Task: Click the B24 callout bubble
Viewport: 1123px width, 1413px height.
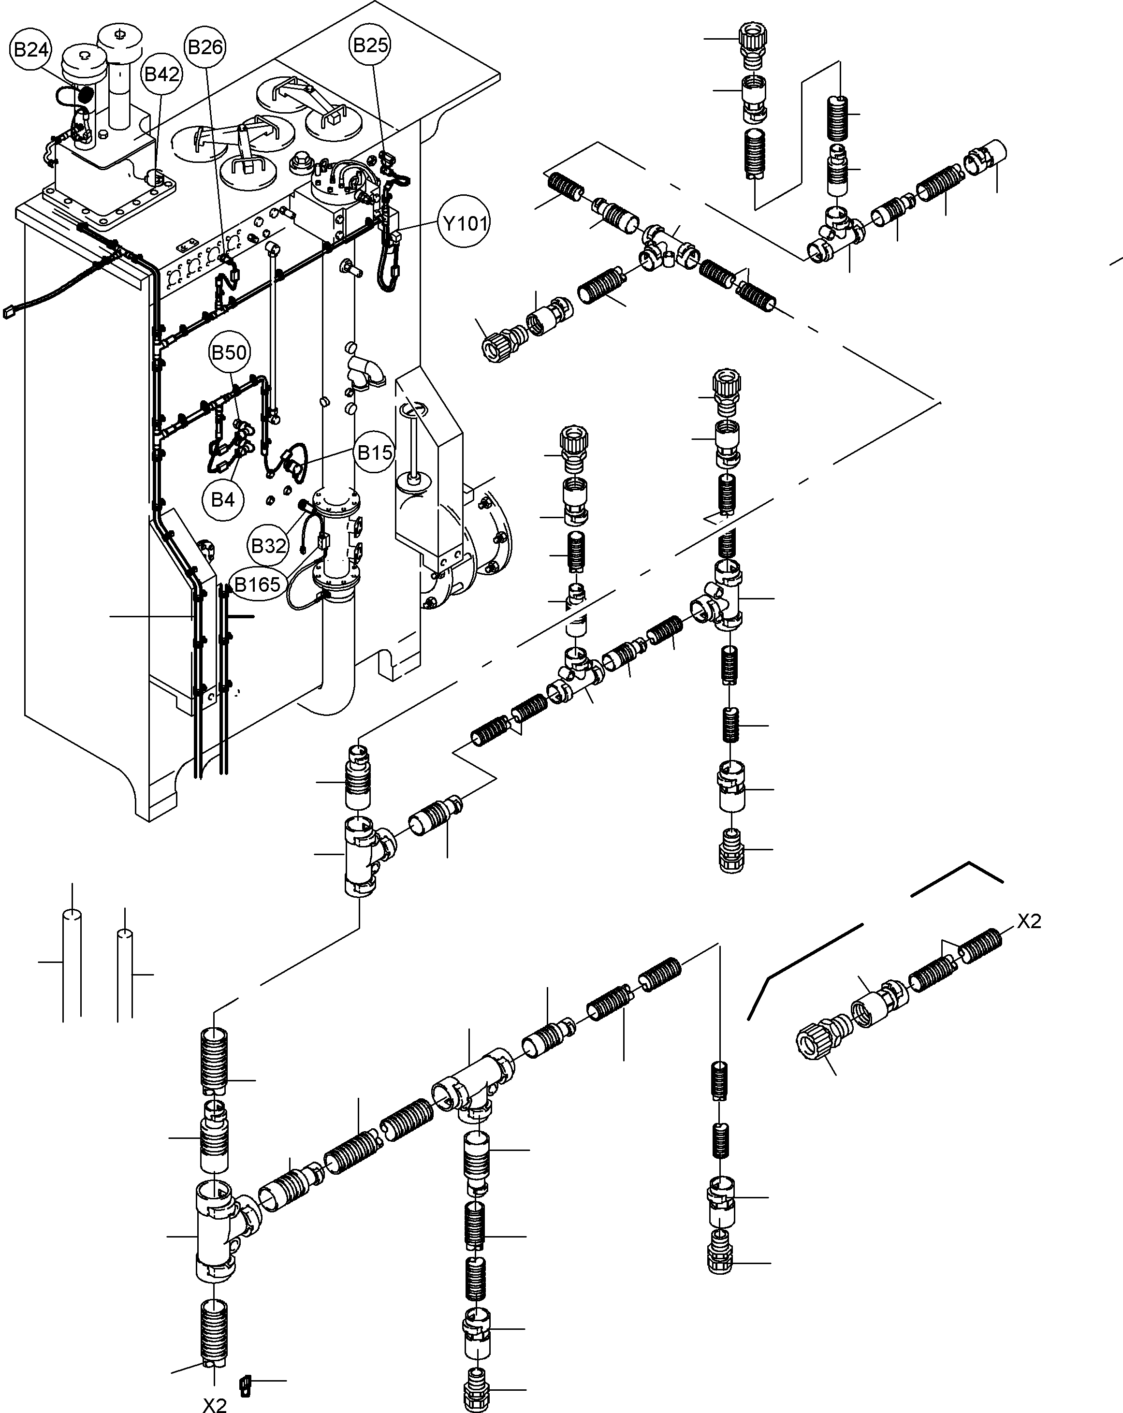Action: (x=31, y=50)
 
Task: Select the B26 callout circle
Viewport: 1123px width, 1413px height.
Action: (x=205, y=47)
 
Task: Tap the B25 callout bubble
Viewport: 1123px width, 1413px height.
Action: (x=370, y=45)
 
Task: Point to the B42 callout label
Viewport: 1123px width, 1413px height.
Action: (x=162, y=74)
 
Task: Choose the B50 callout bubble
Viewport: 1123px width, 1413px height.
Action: (x=229, y=352)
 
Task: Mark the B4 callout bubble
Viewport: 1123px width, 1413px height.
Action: (x=223, y=500)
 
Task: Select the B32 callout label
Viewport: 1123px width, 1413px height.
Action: (x=269, y=545)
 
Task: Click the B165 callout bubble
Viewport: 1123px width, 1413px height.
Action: (x=257, y=584)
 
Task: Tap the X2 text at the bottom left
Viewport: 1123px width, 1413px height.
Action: (x=214, y=1404)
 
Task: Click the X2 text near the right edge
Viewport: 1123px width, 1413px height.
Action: (x=1029, y=921)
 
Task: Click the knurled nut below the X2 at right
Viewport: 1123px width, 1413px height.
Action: (x=814, y=1042)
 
